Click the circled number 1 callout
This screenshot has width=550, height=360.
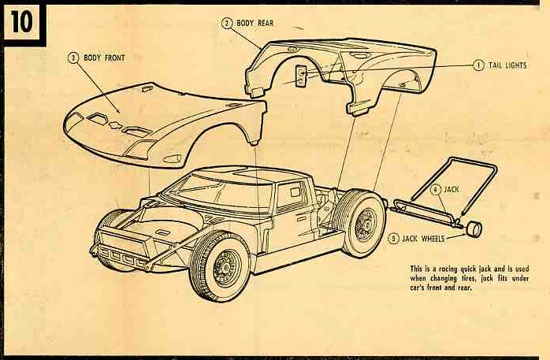click(478, 65)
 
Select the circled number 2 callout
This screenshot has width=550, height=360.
click(226, 23)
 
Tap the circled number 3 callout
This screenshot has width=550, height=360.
click(73, 58)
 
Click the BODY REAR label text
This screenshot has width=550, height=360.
click(256, 23)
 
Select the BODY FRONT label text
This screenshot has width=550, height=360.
click(105, 58)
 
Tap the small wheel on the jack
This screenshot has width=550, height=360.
click(474, 229)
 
